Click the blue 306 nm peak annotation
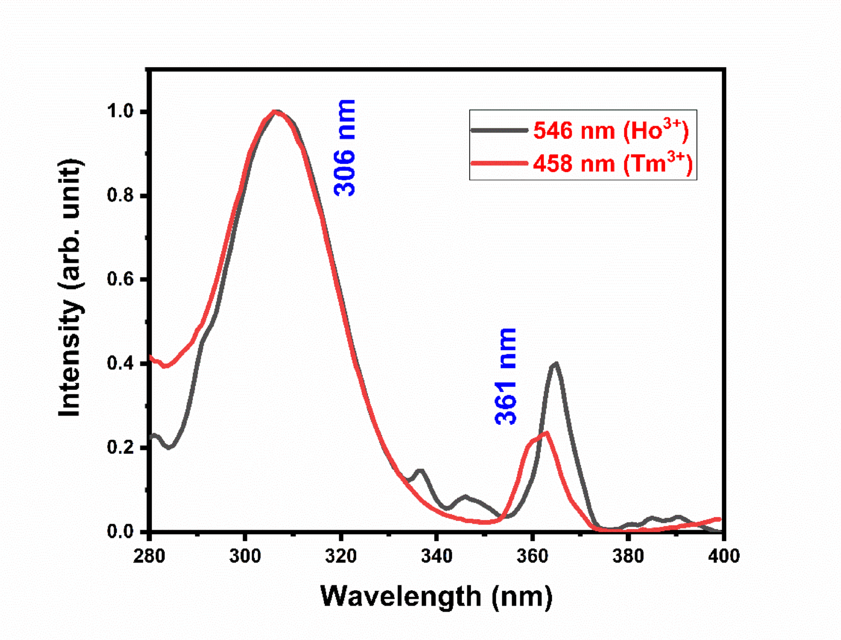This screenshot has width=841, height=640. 345,147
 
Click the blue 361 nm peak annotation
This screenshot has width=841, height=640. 506,376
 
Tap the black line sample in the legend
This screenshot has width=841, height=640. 499,131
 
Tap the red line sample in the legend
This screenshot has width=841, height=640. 499,163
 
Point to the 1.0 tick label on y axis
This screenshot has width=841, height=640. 120,111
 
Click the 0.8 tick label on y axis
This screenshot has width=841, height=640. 120,195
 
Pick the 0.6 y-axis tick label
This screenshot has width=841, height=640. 120,280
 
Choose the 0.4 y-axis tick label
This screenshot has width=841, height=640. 120,364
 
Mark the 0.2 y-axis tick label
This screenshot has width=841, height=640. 120,448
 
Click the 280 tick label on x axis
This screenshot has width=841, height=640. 149,556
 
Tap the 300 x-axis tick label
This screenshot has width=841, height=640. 245,556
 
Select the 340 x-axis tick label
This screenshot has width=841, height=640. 437,556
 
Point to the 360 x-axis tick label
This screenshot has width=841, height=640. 532,556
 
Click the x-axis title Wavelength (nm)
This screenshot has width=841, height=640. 436,596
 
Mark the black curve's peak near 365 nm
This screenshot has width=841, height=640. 555,363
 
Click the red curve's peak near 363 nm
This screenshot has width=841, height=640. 546,432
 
